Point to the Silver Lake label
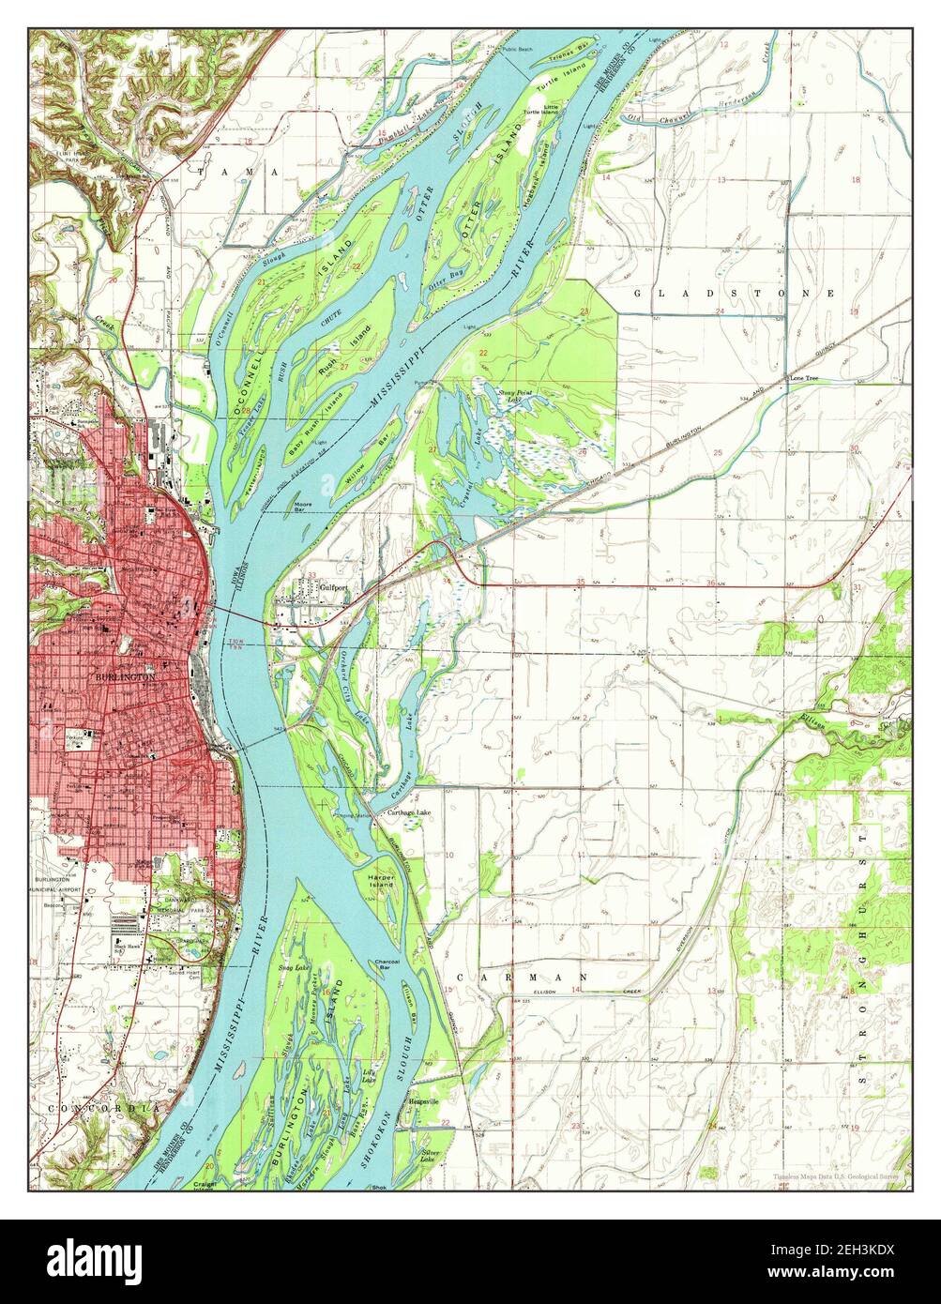tap(433, 1156)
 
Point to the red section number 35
tap(582, 583)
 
